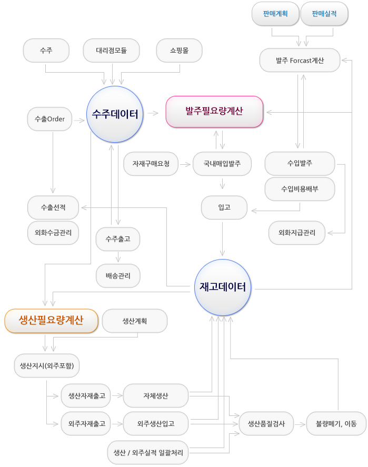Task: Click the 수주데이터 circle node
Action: [114, 114]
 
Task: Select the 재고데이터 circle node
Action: [223, 287]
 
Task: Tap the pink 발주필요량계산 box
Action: [214, 111]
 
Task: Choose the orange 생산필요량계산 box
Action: [51, 320]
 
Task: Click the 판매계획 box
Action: [275, 14]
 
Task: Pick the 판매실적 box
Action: [324, 14]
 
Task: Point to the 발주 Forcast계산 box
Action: [300, 61]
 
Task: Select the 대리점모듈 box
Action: [111, 51]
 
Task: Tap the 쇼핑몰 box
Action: [179, 51]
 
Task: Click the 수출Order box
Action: [49, 119]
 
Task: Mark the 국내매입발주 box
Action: [222, 164]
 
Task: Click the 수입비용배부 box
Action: [300, 188]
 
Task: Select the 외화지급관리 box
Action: [296, 233]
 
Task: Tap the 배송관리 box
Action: [118, 275]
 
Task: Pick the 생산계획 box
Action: [134, 321]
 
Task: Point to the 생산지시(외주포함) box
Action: [47, 366]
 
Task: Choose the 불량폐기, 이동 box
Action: [336, 423]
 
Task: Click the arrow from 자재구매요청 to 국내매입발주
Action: [185, 164]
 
